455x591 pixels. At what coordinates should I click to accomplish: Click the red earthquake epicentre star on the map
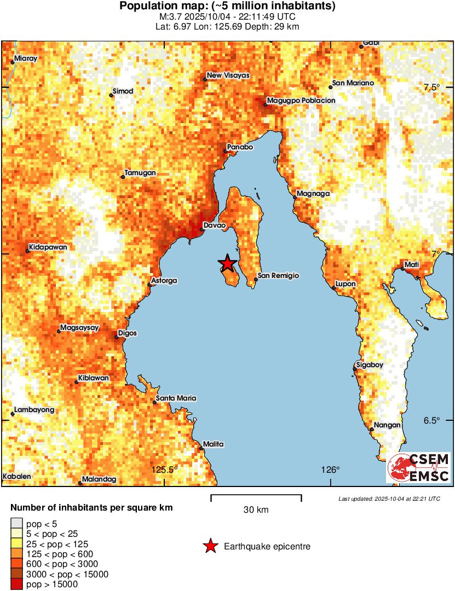pos(227,263)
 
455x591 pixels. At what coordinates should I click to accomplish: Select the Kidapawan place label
pos(48,247)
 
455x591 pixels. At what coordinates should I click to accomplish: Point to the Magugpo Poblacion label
pos(301,101)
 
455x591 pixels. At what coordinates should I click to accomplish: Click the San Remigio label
pos(279,276)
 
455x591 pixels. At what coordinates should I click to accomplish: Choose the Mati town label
pos(412,265)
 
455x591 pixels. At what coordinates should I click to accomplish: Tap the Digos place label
pos(128,333)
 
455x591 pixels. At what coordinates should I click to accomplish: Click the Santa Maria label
pos(176,398)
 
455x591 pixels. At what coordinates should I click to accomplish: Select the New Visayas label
pos(228,76)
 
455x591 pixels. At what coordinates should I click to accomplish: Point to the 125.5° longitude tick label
pos(165,470)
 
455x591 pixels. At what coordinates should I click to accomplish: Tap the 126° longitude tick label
pos(331,470)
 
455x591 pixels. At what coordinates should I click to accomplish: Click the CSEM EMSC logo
pos(419,468)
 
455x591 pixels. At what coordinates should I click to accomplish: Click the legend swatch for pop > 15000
pos(16,584)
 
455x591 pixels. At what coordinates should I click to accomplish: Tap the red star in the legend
pos(209,546)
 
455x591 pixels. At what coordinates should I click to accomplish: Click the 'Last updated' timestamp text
pos(389,499)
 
